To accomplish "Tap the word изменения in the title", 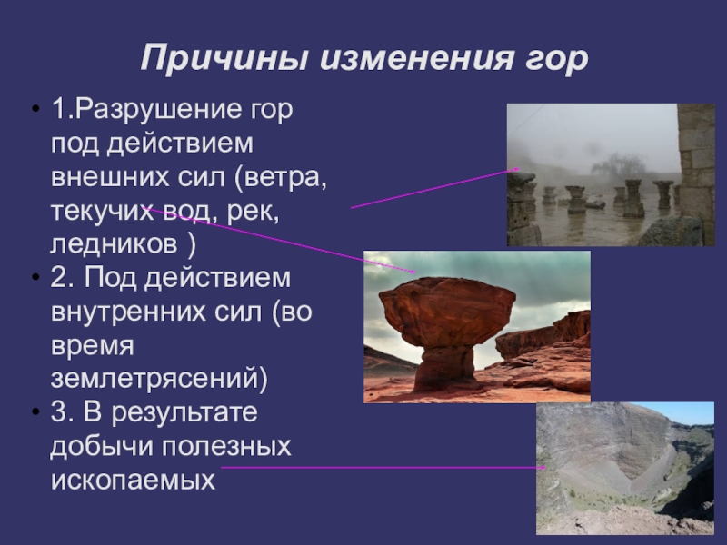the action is pyautogui.click(x=416, y=58).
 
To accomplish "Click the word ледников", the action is pyautogui.click(x=114, y=245).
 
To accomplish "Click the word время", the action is pyautogui.click(x=93, y=347).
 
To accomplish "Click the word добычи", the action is pyautogui.click(x=102, y=446).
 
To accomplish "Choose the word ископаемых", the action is pyautogui.click(x=133, y=481).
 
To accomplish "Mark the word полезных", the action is pyautogui.click(x=226, y=447).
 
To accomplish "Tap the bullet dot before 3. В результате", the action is pyautogui.click(x=35, y=412).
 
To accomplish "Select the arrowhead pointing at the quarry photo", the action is pyautogui.click(x=542, y=468).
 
